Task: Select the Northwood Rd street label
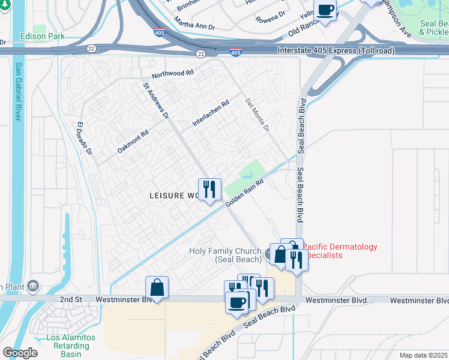point(173,74)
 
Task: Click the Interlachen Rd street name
point(211,113)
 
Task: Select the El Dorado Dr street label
point(84,139)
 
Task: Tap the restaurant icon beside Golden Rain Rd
point(209,190)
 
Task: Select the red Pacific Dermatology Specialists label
point(340,251)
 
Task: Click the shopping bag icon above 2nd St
point(157,287)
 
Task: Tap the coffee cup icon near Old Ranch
point(325,11)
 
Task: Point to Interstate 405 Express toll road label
point(336,50)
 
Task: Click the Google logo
point(20,353)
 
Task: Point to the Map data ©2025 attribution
point(423,355)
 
